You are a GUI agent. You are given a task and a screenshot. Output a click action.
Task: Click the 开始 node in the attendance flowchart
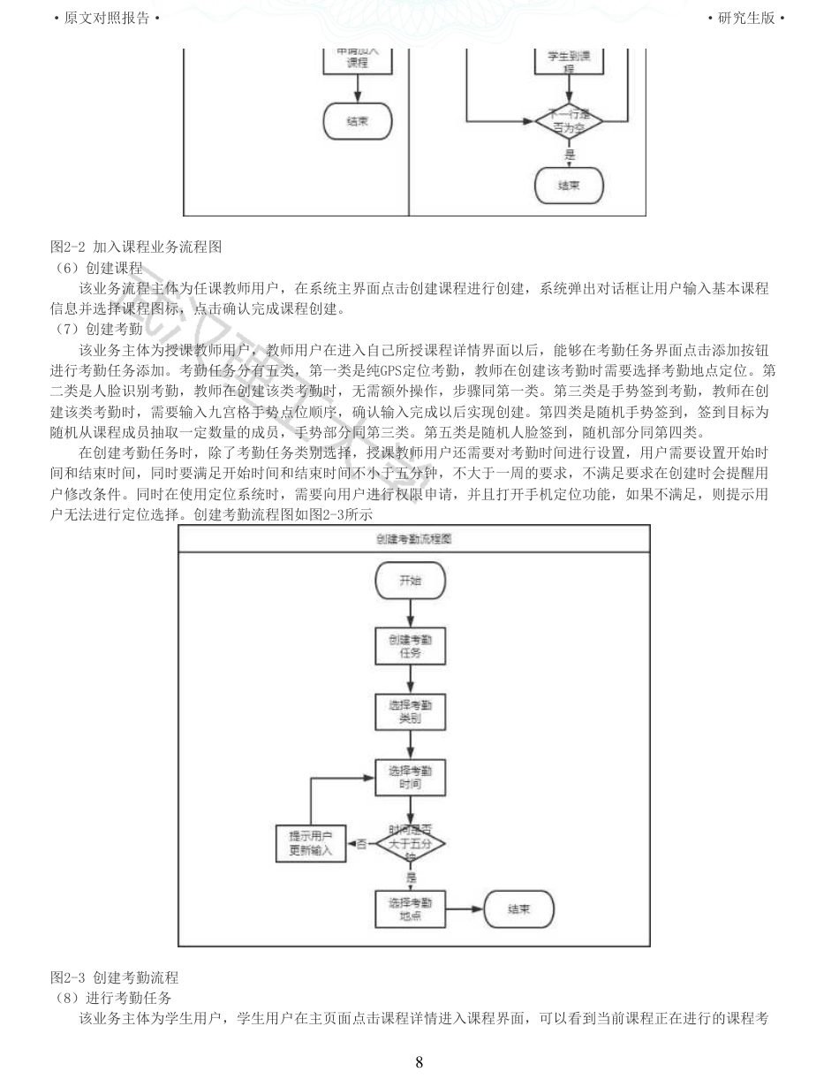click(x=411, y=581)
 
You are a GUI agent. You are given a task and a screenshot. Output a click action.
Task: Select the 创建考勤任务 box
click(x=411, y=646)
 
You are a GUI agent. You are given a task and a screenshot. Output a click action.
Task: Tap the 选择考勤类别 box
click(x=411, y=712)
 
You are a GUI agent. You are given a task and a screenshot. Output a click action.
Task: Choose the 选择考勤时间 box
click(x=411, y=778)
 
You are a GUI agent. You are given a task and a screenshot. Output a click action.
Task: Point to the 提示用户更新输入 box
click(x=311, y=844)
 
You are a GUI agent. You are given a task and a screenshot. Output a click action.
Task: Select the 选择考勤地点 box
click(x=411, y=909)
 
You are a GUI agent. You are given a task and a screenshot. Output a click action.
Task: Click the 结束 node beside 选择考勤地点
click(x=519, y=909)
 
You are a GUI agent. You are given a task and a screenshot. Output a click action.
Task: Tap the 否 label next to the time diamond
click(x=361, y=844)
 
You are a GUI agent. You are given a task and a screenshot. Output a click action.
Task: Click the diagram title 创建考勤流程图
click(x=414, y=538)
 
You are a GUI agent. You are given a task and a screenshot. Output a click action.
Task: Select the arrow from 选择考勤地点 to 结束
click(x=465, y=909)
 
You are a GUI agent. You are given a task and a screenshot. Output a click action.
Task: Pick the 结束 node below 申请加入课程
click(x=358, y=122)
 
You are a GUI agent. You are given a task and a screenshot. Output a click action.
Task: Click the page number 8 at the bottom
click(x=419, y=1062)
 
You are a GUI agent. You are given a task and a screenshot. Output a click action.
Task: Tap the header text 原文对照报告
click(x=107, y=18)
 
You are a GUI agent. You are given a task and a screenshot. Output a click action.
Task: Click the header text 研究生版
click(x=746, y=18)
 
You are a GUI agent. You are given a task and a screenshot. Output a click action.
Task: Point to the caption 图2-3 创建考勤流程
click(x=115, y=977)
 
